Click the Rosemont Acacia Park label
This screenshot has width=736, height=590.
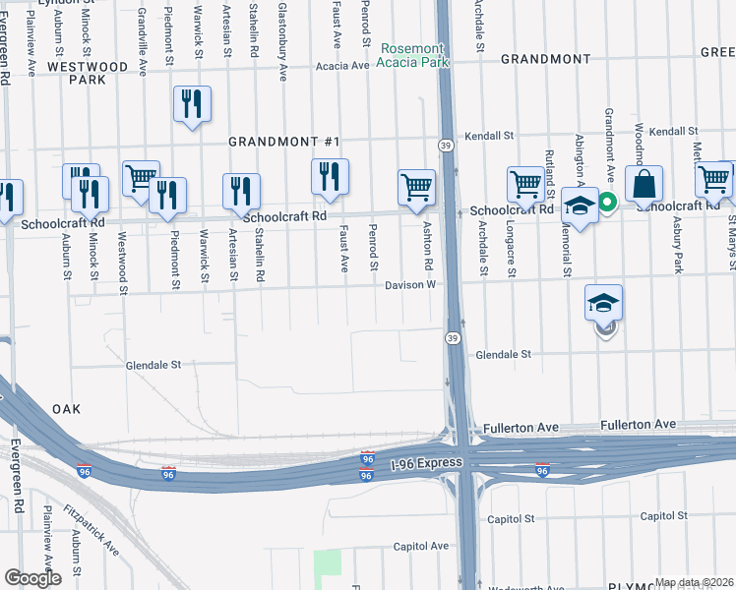[413, 55]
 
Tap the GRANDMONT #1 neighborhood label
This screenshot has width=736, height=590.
[283, 142]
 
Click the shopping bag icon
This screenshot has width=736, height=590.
[644, 184]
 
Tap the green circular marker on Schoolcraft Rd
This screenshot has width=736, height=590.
[608, 204]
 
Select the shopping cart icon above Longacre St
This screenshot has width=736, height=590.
[526, 184]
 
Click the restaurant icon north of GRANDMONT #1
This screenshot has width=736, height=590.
[192, 104]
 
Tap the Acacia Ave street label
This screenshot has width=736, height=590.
[342, 66]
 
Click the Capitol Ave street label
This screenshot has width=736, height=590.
[421, 546]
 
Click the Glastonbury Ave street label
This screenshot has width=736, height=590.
[282, 39]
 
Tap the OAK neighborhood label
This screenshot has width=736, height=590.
[66, 408]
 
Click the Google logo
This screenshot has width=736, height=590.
[32, 578]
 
